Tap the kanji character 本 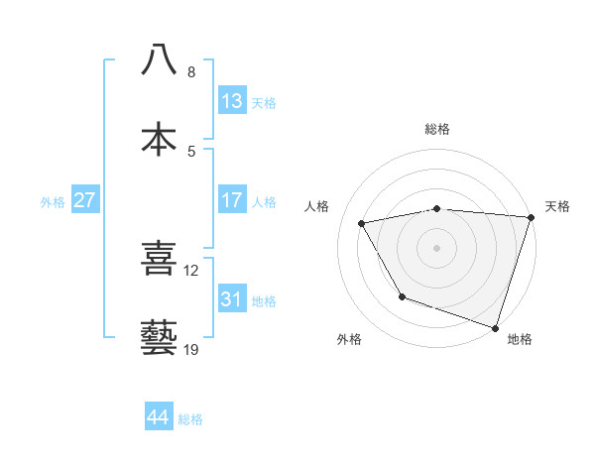[159, 139]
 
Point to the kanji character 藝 [159, 337]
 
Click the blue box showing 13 [232, 101]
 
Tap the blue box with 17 [232, 200]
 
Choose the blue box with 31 [232, 298]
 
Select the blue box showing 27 [85, 200]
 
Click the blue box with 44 [159, 417]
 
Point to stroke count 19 [190, 350]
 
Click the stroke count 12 [191, 270]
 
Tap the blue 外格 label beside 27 [53, 201]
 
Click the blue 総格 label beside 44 [190, 418]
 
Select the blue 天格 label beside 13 [264, 102]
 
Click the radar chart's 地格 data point [495, 327]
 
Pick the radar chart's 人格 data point [362, 224]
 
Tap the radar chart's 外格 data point [402, 296]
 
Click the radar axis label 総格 [437, 129]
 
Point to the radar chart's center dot [437, 248]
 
